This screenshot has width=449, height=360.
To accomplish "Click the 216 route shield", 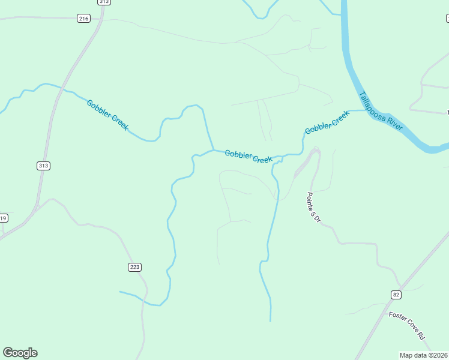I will [83, 19].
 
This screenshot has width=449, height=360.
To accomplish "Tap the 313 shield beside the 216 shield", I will [104, 2].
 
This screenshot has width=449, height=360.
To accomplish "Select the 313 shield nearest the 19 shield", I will [43, 166].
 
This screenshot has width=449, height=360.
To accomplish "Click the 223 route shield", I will [134, 266].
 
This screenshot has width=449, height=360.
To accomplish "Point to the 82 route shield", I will [396, 294].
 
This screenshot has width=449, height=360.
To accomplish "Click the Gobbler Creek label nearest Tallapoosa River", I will [327, 122].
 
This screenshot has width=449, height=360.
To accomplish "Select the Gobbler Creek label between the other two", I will [249, 157].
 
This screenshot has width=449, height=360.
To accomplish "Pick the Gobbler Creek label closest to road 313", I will [107, 115].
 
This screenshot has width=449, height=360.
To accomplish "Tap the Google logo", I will [20, 353].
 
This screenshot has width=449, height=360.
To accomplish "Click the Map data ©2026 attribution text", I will [423, 355].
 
